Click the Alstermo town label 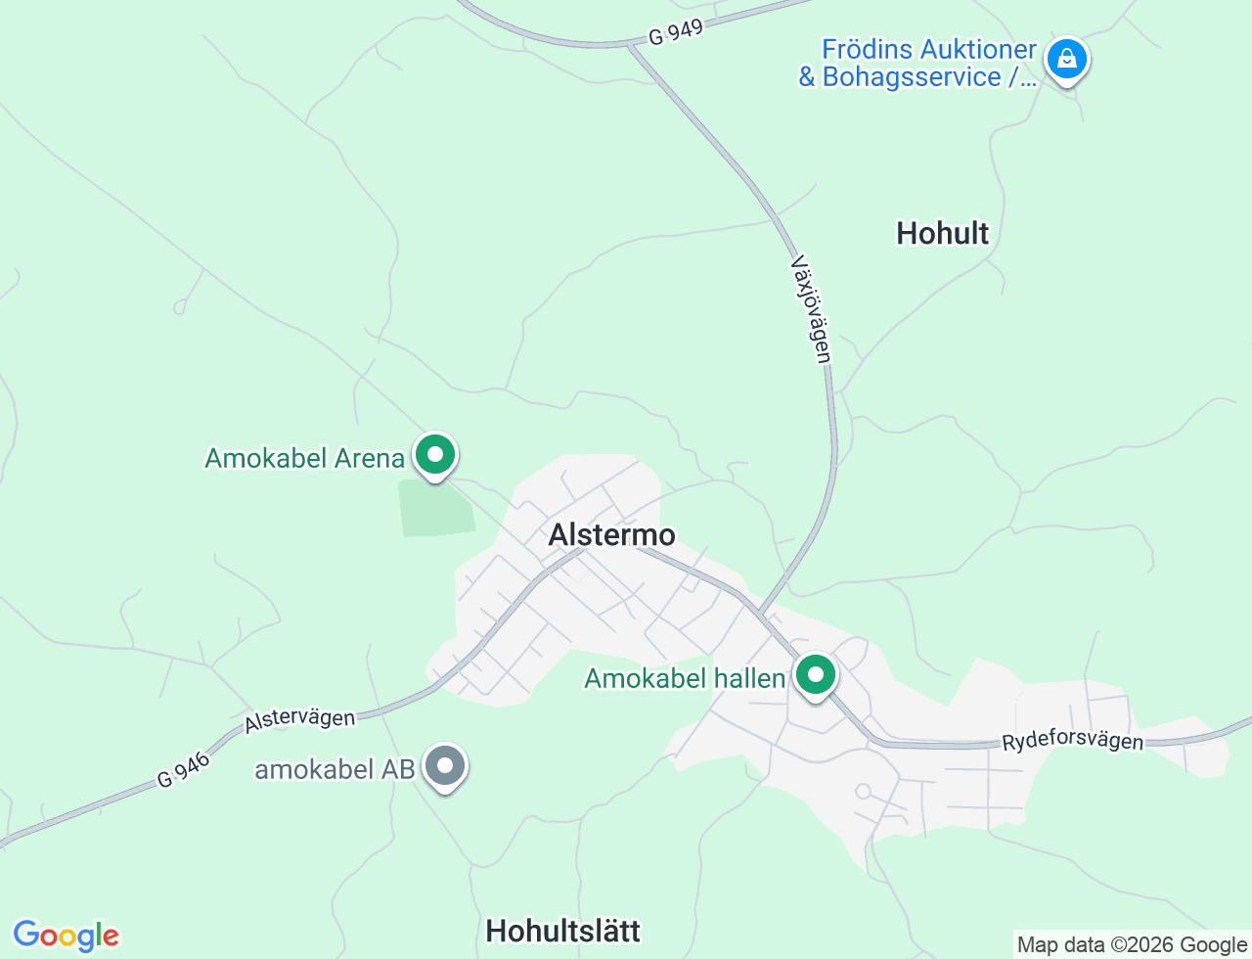coord(611,534)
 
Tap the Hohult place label coord(942,233)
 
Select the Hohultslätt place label coord(562,930)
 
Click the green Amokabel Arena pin coord(435,455)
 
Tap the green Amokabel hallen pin coord(815,675)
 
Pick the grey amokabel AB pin coord(446,766)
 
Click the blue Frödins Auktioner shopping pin coord(1066,60)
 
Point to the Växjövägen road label coord(812,309)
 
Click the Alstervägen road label coord(300,719)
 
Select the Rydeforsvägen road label coord(1072,740)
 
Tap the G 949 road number coord(676,32)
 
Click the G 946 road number coord(184,770)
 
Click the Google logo coord(66,936)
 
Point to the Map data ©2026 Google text coord(1132,944)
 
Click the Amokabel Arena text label coord(304,458)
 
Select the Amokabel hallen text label coord(685,678)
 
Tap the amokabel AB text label coord(335,769)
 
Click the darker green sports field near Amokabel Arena coord(436,509)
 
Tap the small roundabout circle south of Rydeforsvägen coord(863,791)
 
